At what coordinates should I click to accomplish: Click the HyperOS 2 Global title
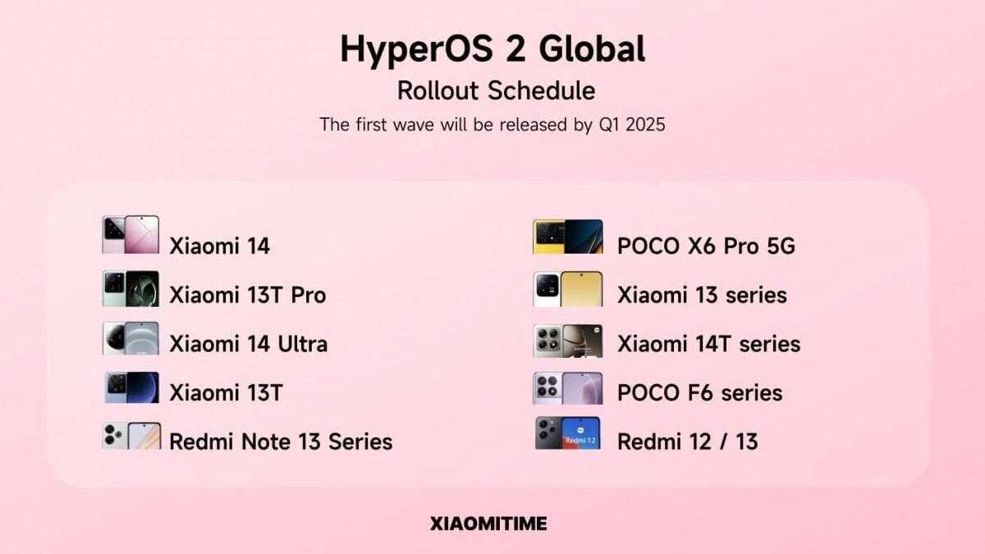click(x=492, y=49)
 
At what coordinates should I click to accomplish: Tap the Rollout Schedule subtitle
click(x=496, y=90)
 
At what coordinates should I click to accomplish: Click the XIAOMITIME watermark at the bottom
click(x=488, y=524)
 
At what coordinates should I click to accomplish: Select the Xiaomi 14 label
click(x=219, y=245)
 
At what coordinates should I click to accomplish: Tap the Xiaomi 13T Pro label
click(x=247, y=295)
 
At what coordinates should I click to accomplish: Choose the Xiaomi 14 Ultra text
click(x=248, y=344)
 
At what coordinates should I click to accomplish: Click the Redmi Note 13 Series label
click(x=281, y=442)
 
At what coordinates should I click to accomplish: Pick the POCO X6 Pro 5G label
click(x=706, y=245)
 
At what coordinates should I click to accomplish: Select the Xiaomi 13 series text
click(x=702, y=295)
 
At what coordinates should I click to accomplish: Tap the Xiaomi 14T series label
click(x=708, y=344)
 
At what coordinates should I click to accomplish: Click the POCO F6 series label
click(x=699, y=392)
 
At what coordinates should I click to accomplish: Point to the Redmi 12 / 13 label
click(x=687, y=442)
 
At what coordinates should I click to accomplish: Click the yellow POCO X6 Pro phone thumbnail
click(x=568, y=236)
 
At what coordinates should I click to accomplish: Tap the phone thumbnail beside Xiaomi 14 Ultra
click(x=131, y=338)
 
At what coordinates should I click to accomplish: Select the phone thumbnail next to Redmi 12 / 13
click(x=568, y=433)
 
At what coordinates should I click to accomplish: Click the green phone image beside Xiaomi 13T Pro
click(x=131, y=289)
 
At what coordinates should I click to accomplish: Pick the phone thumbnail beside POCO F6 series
click(x=568, y=388)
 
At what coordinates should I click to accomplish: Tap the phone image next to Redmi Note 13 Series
click(x=131, y=436)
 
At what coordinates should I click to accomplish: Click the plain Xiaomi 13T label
click(x=226, y=393)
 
